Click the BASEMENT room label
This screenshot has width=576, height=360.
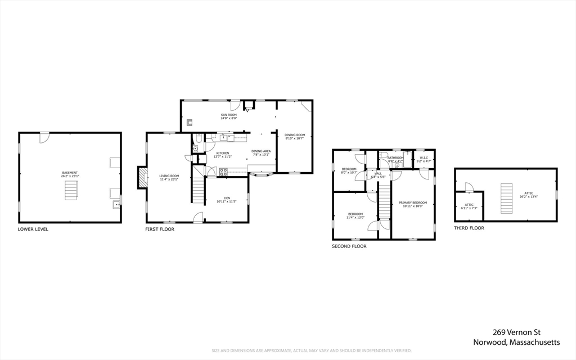tap(70, 173)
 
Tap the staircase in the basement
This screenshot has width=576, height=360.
tap(70, 191)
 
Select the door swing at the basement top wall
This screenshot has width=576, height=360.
tap(44, 137)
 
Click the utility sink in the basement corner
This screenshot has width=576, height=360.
tap(116, 204)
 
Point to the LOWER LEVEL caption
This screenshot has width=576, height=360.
tap(33, 229)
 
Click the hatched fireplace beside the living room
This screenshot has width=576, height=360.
tap(143, 178)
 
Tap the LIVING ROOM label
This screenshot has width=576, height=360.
tap(169, 176)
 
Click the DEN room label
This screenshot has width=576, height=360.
tap(227, 198)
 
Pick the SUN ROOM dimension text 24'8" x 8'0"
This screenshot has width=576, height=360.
tap(228, 119)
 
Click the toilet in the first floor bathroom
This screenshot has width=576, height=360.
tap(198, 138)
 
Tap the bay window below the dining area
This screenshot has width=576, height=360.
tap(262, 174)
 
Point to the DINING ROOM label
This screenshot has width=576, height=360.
tap(294, 134)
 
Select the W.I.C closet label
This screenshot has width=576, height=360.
tap(425, 158)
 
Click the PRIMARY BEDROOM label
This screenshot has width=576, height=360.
tap(413, 202)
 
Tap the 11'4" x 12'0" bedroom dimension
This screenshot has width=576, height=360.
tap(355, 218)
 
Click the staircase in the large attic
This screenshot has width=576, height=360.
tap(507, 199)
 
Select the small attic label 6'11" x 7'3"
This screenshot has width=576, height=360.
tap(469, 208)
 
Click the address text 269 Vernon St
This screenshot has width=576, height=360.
tap(516, 332)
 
